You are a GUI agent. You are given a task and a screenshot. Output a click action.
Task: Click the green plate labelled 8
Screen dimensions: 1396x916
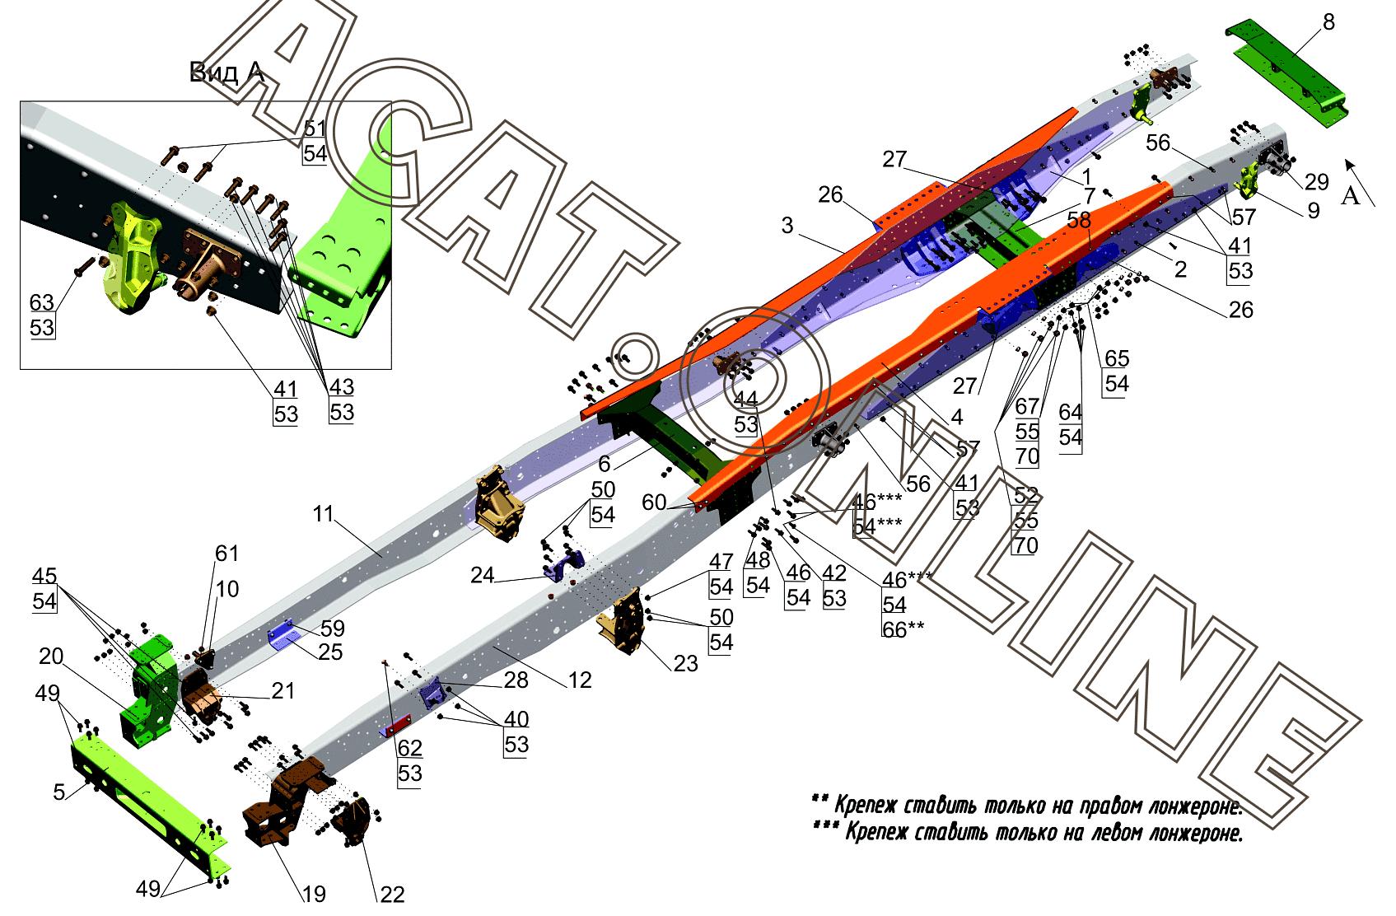[1287, 76]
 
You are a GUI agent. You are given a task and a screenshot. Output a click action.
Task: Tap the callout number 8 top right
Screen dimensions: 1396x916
[1328, 22]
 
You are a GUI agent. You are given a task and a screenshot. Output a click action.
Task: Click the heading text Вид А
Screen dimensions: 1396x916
[226, 72]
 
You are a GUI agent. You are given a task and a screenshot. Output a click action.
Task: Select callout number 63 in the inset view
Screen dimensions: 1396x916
[42, 303]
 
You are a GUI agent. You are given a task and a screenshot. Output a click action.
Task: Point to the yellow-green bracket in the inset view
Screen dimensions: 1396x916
[135, 256]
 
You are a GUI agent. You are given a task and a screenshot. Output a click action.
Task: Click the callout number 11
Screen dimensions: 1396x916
[324, 514]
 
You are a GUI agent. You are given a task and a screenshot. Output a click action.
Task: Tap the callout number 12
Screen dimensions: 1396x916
[580, 680]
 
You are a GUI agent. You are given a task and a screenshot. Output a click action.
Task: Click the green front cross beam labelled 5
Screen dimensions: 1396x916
[150, 804]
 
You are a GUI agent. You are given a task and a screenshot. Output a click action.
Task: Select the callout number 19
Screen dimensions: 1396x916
[314, 895]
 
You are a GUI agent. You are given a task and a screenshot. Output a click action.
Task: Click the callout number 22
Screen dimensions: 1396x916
[392, 895]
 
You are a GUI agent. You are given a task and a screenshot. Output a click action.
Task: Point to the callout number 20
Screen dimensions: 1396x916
[51, 656]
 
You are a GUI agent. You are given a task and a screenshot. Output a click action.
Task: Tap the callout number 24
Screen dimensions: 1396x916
[483, 575]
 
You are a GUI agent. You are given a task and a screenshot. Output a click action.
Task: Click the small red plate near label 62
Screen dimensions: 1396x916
[397, 726]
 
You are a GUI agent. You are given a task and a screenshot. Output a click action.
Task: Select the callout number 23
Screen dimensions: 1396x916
[685, 664]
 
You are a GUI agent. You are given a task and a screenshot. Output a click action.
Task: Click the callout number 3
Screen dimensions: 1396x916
[787, 226]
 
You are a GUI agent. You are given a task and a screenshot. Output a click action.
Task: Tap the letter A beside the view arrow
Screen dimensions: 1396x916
[1350, 196]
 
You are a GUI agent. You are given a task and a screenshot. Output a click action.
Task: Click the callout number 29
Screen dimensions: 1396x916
[1317, 182]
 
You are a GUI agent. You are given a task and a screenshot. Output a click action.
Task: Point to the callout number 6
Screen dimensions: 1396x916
[604, 464]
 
